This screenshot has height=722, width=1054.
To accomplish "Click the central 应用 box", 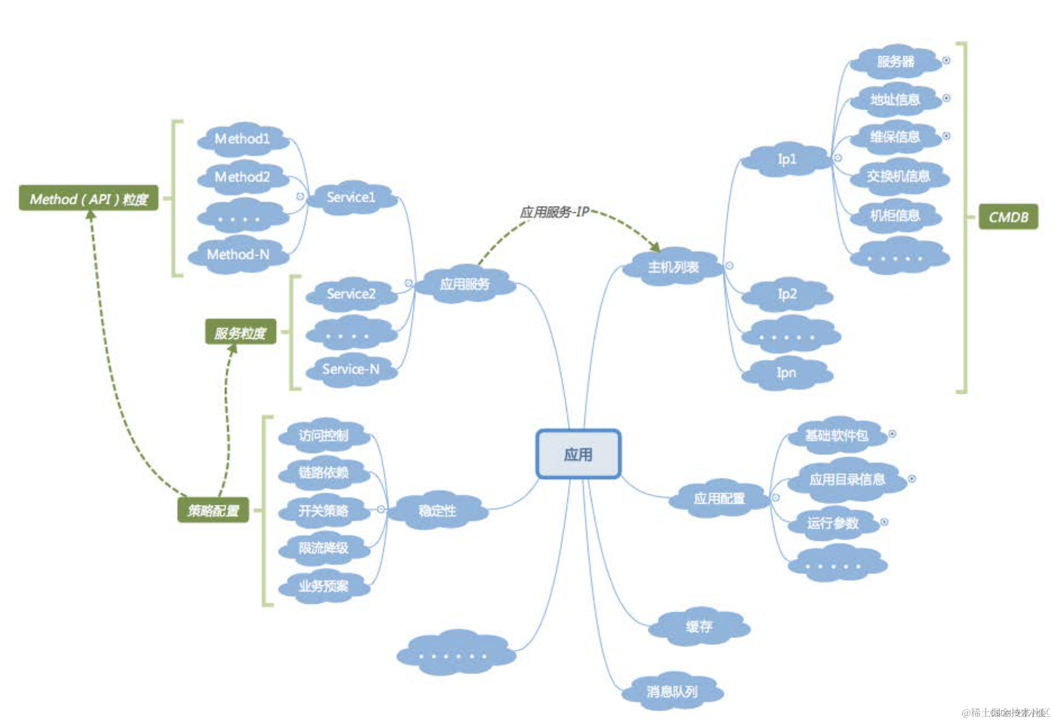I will click(578, 454).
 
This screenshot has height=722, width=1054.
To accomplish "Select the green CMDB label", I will click(1008, 217).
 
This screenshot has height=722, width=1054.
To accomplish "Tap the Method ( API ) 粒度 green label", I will click(89, 198).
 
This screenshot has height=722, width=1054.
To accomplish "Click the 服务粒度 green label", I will click(240, 332).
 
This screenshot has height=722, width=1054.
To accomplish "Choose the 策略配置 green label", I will click(213, 510).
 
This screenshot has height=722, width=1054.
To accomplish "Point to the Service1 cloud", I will click(351, 197).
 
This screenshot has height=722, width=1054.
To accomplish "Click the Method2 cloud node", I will click(243, 177).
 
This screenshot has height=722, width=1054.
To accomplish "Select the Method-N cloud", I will click(238, 254).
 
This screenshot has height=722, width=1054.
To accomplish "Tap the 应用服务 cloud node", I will click(465, 284).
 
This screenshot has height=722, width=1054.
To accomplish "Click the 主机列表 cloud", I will click(673, 267).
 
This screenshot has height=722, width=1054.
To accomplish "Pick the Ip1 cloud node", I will click(787, 159).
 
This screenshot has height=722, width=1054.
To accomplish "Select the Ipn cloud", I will click(786, 373).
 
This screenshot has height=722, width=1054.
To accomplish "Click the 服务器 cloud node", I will click(895, 61).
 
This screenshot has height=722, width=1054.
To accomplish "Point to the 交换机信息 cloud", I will click(898, 177).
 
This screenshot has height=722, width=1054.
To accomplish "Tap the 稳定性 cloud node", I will click(438, 510).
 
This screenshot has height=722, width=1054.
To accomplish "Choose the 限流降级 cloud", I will click(324, 548).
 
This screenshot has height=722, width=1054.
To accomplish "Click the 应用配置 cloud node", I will click(719, 499).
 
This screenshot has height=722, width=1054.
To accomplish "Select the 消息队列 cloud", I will click(672, 691).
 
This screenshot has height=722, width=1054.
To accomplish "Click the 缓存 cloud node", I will click(699, 626).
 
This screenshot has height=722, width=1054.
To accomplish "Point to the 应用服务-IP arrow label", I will click(554, 212).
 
